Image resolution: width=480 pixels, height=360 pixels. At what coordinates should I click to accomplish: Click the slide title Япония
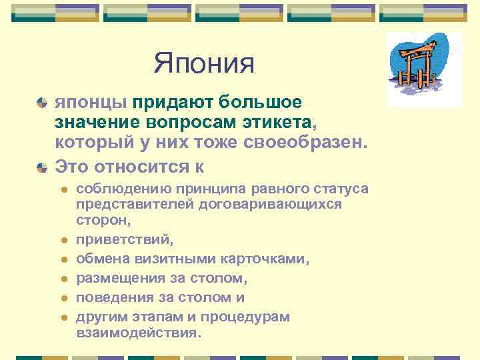205,64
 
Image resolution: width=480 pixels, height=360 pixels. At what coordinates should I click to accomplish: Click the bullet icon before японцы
41,103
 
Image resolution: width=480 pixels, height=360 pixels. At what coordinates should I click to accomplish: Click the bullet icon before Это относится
41,164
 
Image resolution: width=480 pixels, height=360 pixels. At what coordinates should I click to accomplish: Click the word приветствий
121,237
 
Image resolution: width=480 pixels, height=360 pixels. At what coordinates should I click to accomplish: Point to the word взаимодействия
138,331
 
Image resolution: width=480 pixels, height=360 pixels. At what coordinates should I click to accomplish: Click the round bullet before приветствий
64,238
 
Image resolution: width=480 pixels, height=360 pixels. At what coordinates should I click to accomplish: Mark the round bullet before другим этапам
64,317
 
